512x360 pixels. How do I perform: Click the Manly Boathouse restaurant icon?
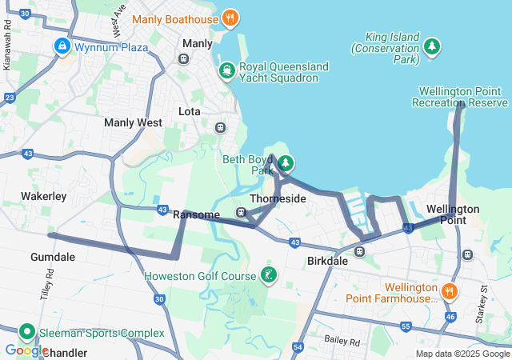(x=230, y=18)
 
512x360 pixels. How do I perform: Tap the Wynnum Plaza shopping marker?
(x=62, y=46)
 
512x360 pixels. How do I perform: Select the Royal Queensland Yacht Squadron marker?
(x=227, y=71)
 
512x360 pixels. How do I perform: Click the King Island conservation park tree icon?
(x=432, y=47)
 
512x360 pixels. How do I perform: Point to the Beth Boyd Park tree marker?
(x=285, y=164)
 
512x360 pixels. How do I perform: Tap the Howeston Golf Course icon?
(x=269, y=276)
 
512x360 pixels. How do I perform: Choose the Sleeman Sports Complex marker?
(x=26, y=332)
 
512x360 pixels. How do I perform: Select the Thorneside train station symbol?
(x=241, y=212)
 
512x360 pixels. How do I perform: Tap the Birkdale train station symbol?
(x=360, y=251)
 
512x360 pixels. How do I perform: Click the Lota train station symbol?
(x=220, y=127)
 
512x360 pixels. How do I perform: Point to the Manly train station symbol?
(x=184, y=58)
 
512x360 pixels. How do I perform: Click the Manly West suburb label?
(x=133, y=123)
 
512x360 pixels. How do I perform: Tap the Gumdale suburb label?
(x=52, y=257)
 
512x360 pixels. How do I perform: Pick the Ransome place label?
(x=196, y=215)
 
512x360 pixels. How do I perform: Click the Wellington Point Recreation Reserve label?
(x=460, y=97)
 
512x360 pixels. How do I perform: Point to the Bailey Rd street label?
(x=343, y=341)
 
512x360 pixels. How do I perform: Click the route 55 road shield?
(x=406, y=326)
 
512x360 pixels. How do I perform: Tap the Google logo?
(x=26, y=350)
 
